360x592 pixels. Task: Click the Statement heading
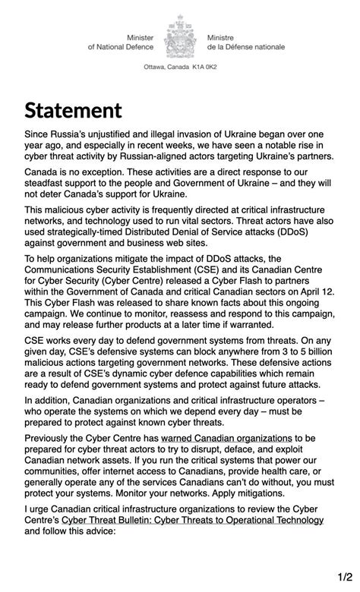point(73,111)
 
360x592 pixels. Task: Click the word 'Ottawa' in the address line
point(156,68)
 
